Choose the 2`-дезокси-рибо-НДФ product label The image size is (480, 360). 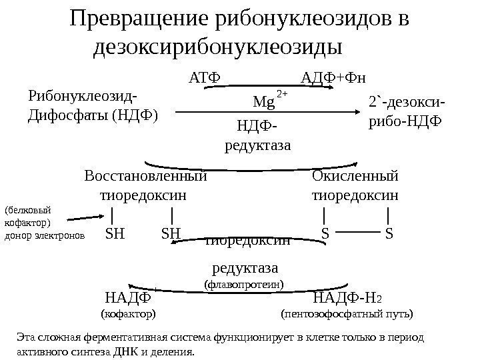point(406,112)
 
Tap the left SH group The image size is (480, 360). point(115,234)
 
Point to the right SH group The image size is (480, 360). point(171,234)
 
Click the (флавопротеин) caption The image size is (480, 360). point(243,285)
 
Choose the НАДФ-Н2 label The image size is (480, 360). point(347,297)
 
